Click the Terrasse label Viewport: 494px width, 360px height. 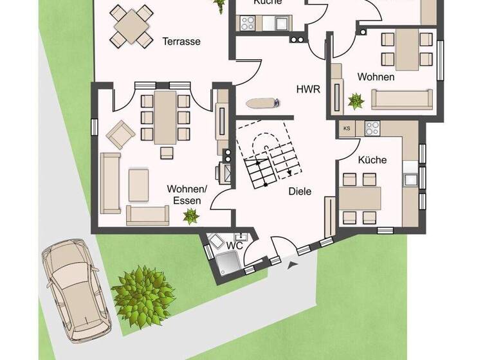[x=181, y=42]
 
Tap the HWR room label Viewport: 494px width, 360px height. [x=308, y=89]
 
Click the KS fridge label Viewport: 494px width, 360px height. [x=347, y=129]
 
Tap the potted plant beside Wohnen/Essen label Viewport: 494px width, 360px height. [x=191, y=217]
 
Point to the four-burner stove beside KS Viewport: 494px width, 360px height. [x=372, y=129]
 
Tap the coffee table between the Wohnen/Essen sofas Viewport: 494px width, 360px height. [x=139, y=184]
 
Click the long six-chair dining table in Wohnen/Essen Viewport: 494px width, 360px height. [x=165, y=118]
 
